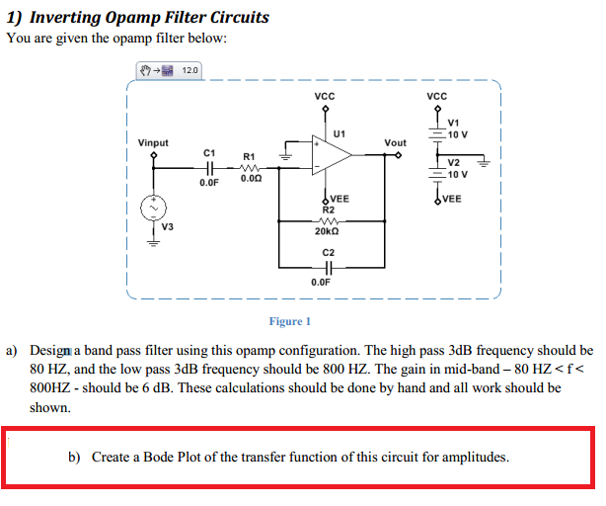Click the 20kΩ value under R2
pos(328,231)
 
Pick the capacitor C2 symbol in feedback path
pos(328,267)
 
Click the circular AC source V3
pos(153,209)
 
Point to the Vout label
pos(395,143)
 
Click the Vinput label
pos(153,143)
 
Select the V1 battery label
pos(454,123)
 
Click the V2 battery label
pos(454,163)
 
